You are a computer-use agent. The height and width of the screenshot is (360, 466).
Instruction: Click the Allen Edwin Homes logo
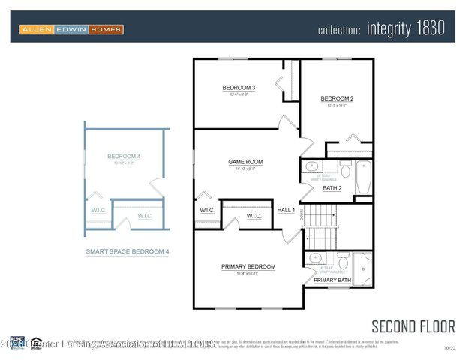tap(71, 29)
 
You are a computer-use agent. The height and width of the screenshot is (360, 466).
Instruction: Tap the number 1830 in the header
tap(428, 29)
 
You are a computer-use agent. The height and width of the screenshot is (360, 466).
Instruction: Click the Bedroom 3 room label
tap(239, 88)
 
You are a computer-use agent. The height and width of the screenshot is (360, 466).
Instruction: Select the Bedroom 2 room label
tap(337, 98)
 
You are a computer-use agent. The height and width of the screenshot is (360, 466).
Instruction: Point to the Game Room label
tap(245, 162)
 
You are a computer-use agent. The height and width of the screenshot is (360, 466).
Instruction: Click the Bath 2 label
tap(332, 188)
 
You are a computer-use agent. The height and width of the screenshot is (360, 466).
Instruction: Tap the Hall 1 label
tap(286, 210)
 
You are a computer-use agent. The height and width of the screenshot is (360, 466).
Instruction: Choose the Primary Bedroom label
tap(248, 266)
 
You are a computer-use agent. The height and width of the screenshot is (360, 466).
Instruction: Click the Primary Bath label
tap(332, 280)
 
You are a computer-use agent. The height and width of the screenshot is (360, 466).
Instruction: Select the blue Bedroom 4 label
tap(124, 157)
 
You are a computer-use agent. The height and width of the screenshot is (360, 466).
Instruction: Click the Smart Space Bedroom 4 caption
tap(127, 252)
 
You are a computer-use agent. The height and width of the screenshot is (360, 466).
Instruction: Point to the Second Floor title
tap(413, 326)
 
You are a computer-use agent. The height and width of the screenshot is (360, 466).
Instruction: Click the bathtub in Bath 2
tap(362, 175)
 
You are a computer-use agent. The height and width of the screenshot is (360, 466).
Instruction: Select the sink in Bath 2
tap(312, 166)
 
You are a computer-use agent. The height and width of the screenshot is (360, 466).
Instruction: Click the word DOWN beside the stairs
tap(302, 215)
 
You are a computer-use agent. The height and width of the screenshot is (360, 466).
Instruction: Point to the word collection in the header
tap(340, 31)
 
